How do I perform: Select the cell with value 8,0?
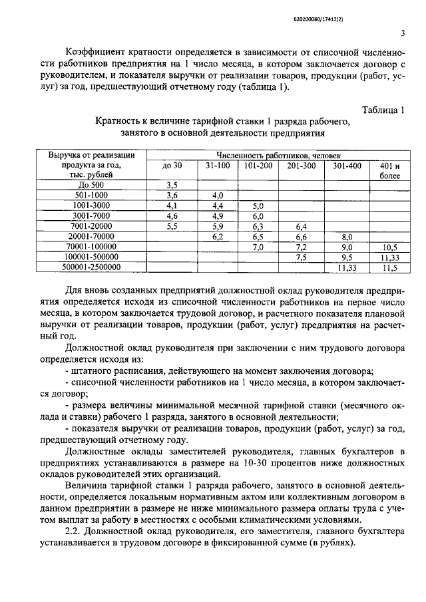tap(346, 236)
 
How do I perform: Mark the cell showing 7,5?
tap(301, 257)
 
